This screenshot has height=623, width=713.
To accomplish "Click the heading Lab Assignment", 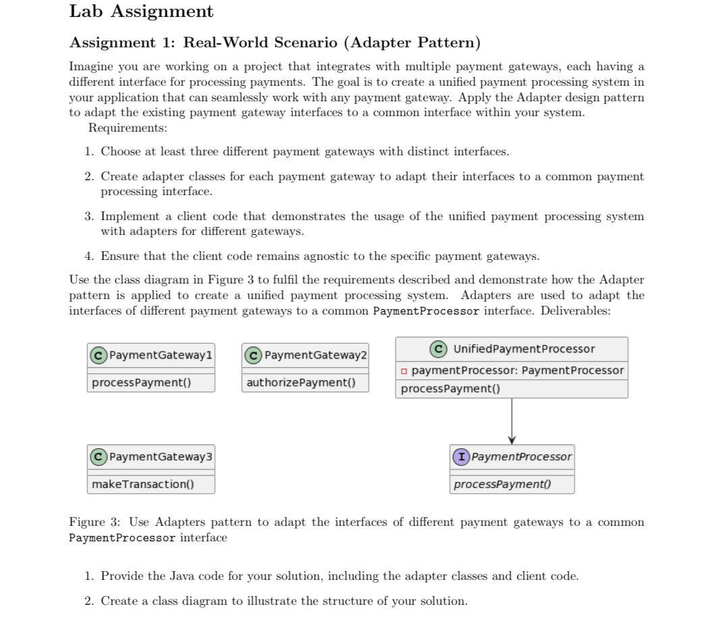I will pyautogui.click(x=141, y=11).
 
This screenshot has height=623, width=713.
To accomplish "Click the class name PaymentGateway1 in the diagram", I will pyautogui.click(x=161, y=355).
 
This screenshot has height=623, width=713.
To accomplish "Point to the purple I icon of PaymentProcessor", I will pyautogui.click(x=462, y=457).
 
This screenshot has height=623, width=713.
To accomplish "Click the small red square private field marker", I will pyautogui.click(x=403, y=371).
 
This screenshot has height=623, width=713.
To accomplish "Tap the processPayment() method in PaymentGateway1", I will pyautogui.click(x=141, y=383).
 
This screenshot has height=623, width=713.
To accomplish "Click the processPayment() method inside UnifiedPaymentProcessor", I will pyautogui.click(x=450, y=389).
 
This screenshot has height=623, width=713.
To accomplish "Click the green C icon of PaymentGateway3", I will pyautogui.click(x=99, y=457).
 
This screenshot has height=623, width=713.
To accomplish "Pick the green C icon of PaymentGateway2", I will pyautogui.click(x=255, y=355).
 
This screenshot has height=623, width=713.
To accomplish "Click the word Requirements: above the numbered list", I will pyautogui.click(x=128, y=128).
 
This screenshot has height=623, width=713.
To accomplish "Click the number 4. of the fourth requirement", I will pyautogui.click(x=90, y=256).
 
